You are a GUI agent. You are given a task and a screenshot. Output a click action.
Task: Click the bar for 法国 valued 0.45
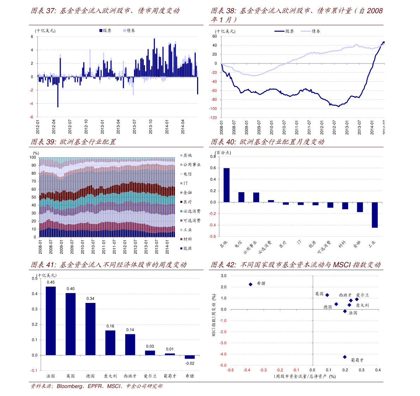51,321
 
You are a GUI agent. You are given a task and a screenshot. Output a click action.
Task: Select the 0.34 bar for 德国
90,329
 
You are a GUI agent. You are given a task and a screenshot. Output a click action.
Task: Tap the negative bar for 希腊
190,357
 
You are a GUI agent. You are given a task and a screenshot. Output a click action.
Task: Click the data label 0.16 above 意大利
110,326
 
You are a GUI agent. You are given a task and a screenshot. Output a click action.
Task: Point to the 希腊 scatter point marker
251,284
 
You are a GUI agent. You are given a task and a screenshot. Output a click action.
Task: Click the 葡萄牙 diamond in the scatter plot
345,357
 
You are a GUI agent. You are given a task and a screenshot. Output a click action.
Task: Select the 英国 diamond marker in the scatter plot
327,295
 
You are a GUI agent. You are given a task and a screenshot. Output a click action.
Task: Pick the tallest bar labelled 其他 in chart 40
226,185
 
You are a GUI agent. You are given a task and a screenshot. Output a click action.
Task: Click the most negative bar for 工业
375,215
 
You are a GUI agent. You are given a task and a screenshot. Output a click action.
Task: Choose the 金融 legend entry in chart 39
187,193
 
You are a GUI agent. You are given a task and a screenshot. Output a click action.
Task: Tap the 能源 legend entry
187,249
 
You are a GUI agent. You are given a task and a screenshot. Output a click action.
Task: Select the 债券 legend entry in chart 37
129,31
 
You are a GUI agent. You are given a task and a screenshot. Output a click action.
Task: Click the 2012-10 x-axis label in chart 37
86,127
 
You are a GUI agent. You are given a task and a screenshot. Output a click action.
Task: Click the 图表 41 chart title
108,265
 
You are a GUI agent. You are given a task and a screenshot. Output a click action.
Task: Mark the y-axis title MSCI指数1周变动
214,315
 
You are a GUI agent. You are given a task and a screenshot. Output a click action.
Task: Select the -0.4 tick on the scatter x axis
247,370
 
